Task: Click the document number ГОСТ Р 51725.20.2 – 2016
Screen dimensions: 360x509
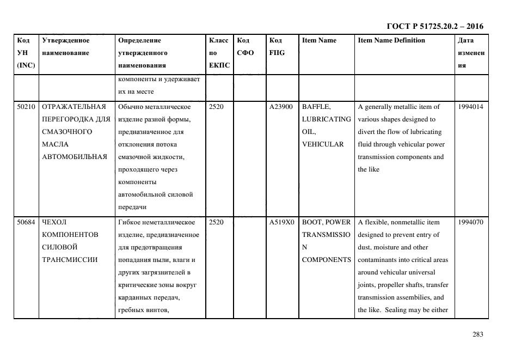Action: (x=434, y=26)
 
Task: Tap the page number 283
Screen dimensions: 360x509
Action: (x=477, y=334)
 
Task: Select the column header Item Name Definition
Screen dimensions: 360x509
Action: (x=391, y=40)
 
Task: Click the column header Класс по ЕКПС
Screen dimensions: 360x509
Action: (x=219, y=53)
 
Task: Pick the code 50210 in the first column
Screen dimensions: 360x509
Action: (x=26, y=107)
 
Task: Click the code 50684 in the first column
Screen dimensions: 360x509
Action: (x=26, y=222)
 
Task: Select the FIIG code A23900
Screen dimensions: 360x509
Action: (x=281, y=107)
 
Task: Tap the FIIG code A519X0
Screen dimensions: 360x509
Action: (x=281, y=222)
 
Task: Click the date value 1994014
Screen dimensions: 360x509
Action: (x=471, y=107)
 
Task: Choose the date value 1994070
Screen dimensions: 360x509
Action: (x=471, y=222)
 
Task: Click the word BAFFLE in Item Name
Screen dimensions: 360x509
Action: (x=316, y=107)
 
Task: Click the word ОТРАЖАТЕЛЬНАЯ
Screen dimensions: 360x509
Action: (x=73, y=107)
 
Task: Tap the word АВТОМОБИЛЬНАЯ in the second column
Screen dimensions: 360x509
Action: (x=73, y=157)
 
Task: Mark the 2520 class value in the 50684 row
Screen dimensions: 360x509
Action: (x=216, y=222)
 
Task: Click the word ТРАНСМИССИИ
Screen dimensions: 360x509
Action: (x=69, y=260)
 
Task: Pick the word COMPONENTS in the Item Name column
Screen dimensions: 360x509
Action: (x=326, y=260)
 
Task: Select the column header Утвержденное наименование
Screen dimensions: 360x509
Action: (x=65, y=47)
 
